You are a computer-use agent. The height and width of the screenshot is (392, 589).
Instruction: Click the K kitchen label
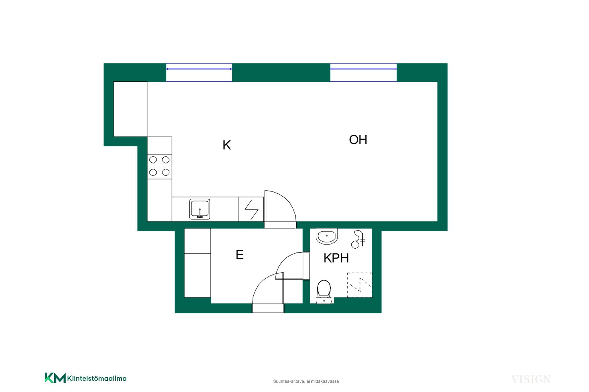227,145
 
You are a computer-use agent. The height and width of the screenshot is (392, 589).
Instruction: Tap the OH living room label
358,140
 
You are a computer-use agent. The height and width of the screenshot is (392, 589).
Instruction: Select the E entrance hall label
240,255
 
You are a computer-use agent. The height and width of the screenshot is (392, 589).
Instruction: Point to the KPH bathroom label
336,258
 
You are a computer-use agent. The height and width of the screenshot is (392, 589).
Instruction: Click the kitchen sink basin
200,209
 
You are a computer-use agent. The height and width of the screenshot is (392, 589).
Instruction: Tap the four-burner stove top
160,166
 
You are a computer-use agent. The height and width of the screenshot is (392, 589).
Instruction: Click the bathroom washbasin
327,236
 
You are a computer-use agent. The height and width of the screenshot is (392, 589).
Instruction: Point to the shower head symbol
358,239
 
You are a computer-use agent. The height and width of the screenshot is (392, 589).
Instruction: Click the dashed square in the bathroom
360,285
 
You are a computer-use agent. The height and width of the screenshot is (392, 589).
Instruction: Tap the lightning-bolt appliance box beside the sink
251,209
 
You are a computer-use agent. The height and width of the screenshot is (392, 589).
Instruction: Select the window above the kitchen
199,73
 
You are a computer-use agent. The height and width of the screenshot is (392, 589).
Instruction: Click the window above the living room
364,73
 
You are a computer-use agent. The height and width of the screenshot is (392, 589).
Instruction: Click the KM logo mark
55,378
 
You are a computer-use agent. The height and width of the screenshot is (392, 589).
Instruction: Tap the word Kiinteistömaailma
97,379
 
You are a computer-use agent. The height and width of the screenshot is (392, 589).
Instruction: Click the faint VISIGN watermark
531,379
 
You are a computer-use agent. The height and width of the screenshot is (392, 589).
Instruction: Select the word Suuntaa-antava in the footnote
289,381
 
